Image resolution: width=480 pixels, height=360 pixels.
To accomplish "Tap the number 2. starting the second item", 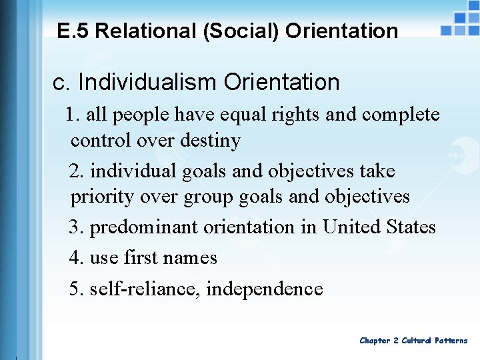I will coord(77,171).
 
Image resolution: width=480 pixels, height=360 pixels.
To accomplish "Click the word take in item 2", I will coord(377,171).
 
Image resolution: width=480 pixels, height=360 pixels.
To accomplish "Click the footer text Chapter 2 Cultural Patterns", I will coord(413,341).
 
